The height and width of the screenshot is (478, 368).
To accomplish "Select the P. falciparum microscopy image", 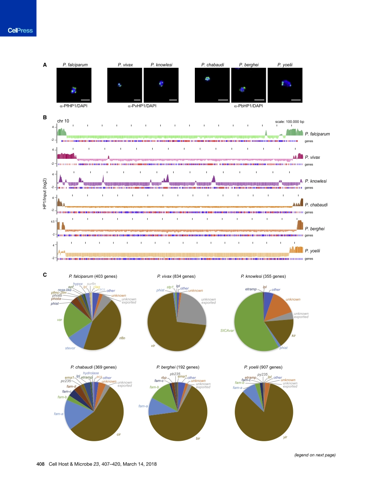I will pos(74,85).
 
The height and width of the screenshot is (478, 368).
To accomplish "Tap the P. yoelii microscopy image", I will pos(285,85).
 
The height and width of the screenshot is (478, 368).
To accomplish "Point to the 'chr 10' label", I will pos(63,121).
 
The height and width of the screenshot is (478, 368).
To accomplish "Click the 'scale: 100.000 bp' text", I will pos(289,121).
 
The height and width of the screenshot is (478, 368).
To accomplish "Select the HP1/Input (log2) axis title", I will pos(45,191).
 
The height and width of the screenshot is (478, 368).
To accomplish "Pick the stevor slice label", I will pos(70,348).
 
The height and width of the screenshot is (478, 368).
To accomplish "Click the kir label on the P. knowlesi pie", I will pos(293,335).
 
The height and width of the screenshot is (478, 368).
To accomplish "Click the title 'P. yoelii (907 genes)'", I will pos(263,367).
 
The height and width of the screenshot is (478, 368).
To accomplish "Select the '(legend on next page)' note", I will pos(315,454).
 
